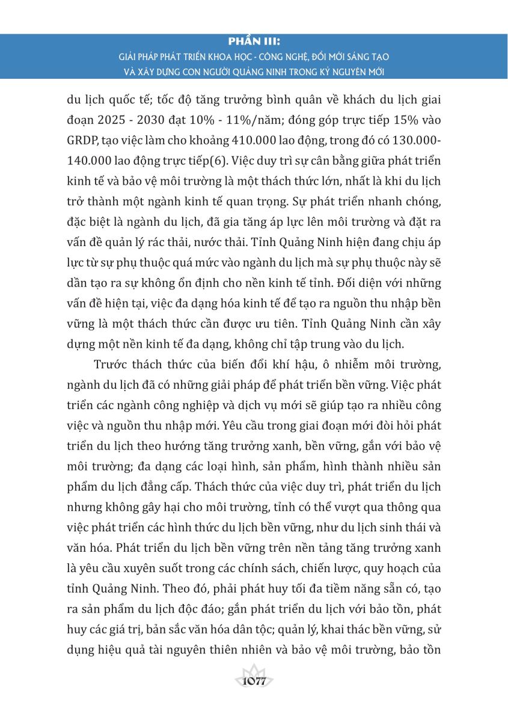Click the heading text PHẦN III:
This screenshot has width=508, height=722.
coord(254,43)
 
